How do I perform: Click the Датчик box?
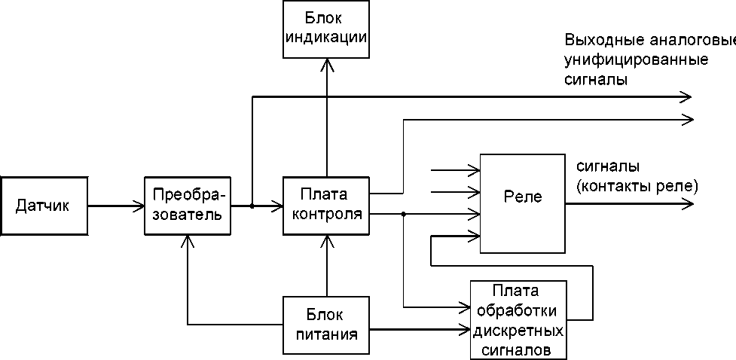pyautogui.click(x=44, y=205)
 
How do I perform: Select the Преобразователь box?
pyautogui.click(x=188, y=205)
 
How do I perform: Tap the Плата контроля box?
pyautogui.click(x=326, y=205)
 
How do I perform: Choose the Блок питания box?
pyautogui.click(x=326, y=325)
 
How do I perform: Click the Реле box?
pyautogui.click(x=522, y=203)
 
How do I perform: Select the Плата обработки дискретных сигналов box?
pyautogui.click(x=518, y=320)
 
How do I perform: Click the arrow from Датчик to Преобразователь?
pyautogui.click(x=116, y=205)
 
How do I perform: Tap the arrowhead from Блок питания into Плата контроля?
pyautogui.click(x=327, y=241)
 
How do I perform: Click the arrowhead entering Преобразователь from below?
pyautogui.click(x=188, y=241)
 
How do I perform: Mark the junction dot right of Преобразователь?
pyautogui.click(x=252, y=205)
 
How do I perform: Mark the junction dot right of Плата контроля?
pyautogui.click(x=404, y=215)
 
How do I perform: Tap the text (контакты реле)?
pyautogui.click(x=637, y=186)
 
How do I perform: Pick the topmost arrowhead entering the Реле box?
pyautogui.click(x=474, y=169)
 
